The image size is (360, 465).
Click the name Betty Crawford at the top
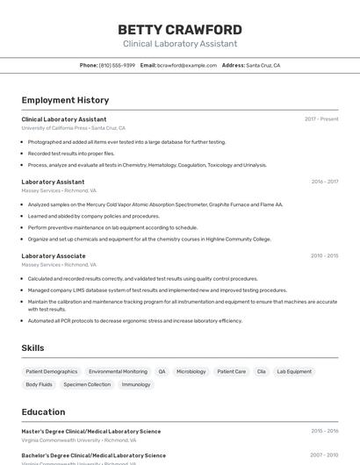coord(180,30)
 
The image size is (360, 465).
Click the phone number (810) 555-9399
coord(117,65)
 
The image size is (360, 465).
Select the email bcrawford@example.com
coord(187,65)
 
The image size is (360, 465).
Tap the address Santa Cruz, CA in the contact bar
coord(263,65)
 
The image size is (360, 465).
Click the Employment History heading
coord(65,100)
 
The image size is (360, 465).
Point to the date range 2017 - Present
coord(321,119)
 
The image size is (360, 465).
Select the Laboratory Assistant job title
coord(53,182)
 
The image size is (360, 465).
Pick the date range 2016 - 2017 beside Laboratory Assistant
coord(324,182)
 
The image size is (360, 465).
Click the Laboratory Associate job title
coord(54,256)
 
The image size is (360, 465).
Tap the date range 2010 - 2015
coord(324,256)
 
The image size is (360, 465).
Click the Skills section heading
coord(32,348)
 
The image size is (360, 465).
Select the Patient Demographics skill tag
coord(52,371)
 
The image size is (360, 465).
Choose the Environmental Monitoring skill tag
coord(118,371)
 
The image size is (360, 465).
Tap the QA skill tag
coord(162,371)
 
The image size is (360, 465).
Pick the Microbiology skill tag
coord(191,371)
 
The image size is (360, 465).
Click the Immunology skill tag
coord(136,384)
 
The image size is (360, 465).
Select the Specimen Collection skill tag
coord(87,384)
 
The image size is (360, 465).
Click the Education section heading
coord(43,411)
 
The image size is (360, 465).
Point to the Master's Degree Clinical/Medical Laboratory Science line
coord(91,432)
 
